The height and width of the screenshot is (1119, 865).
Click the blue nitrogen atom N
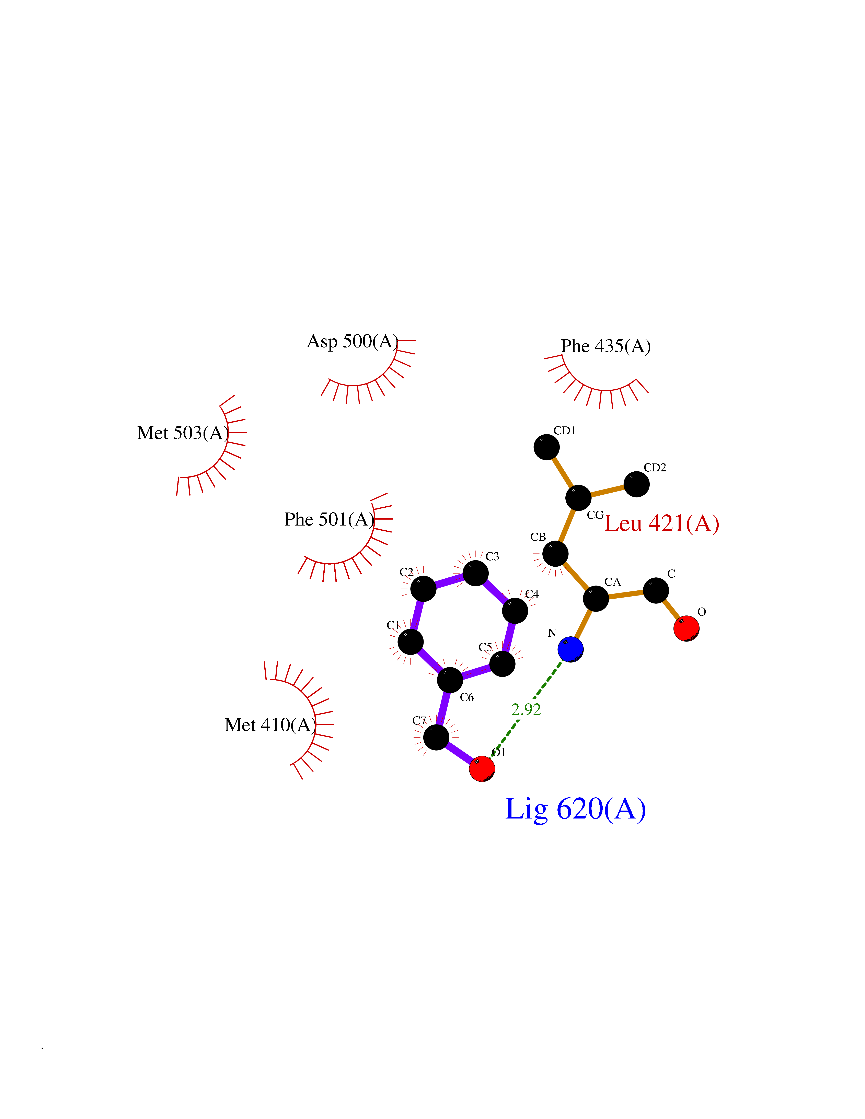tap(570, 649)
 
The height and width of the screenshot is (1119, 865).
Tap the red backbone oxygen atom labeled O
tap(686, 628)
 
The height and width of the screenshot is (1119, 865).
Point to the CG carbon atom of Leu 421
tap(578, 497)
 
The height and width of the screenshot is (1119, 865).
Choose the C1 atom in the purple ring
tap(411, 641)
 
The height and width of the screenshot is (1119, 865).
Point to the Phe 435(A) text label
tap(606, 346)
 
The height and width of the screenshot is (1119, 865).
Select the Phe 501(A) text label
tap(330, 520)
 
